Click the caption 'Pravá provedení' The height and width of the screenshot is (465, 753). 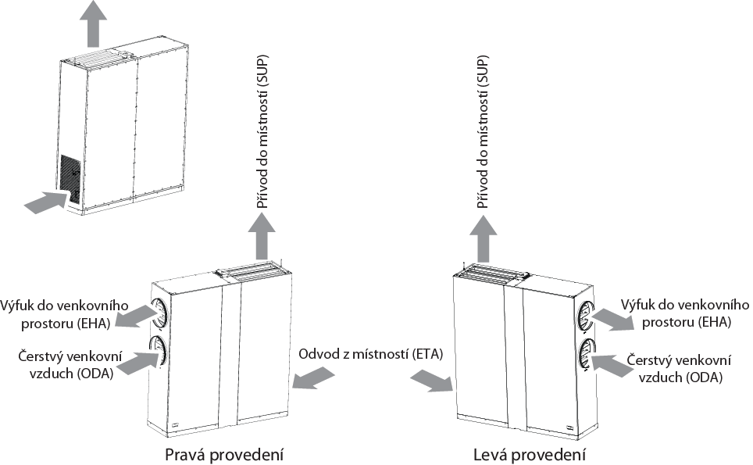223,454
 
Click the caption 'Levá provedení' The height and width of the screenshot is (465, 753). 530,454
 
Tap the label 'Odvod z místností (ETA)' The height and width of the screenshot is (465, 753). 371,354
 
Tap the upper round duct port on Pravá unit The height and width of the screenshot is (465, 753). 159,311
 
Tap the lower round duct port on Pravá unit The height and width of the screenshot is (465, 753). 159,349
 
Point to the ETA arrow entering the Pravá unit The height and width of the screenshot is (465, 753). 310,378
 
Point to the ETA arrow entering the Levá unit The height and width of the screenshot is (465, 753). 431,381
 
